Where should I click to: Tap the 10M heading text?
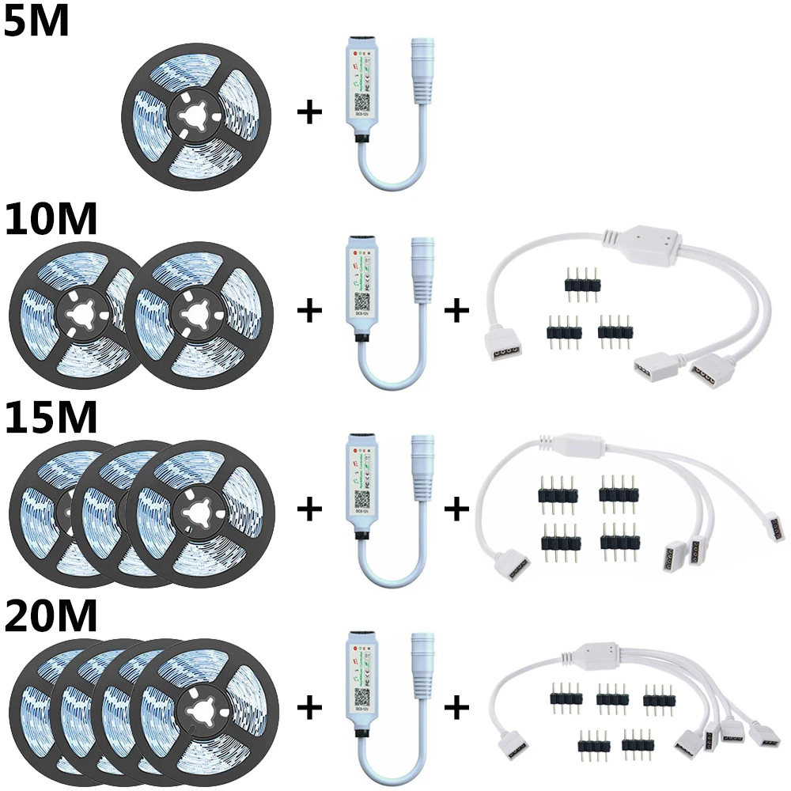coord(50,220)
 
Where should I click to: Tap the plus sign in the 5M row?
coord(309,113)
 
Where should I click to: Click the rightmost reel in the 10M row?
coord(203,315)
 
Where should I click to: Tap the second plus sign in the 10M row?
coord(456,311)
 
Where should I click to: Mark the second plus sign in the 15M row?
coord(456,509)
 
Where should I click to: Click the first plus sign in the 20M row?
coord(309,706)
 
